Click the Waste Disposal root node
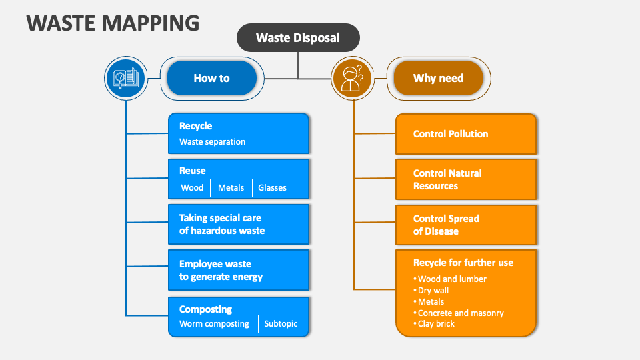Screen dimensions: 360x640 (x=298, y=38)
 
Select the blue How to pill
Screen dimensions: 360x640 (x=211, y=78)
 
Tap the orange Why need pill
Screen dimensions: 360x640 (x=438, y=78)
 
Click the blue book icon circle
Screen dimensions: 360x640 (x=125, y=79)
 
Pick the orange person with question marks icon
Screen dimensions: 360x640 (x=352, y=79)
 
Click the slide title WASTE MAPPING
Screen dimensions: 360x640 (x=113, y=23)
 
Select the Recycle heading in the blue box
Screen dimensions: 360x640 (x=195, y=126)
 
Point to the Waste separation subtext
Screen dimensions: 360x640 (x=212, y=141)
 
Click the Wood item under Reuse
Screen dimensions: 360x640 (x=192, y=187)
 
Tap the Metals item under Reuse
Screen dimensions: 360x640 (x=231, y=187)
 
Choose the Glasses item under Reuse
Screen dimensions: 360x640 (x=272, y=187)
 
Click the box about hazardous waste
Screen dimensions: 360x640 (x=239, y=224)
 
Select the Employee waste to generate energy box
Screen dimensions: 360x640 (x=239, y=270)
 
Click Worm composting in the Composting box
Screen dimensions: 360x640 (x=214, y=324)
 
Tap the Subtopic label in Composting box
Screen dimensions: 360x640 (x=281, y=324)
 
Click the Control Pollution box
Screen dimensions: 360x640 (x=465, y=134)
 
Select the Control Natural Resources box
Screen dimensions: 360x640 (x=465, y=179)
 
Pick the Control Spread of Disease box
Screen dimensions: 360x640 (x=465, y=225)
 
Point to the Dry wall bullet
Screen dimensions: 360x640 (x=433, y=291)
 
